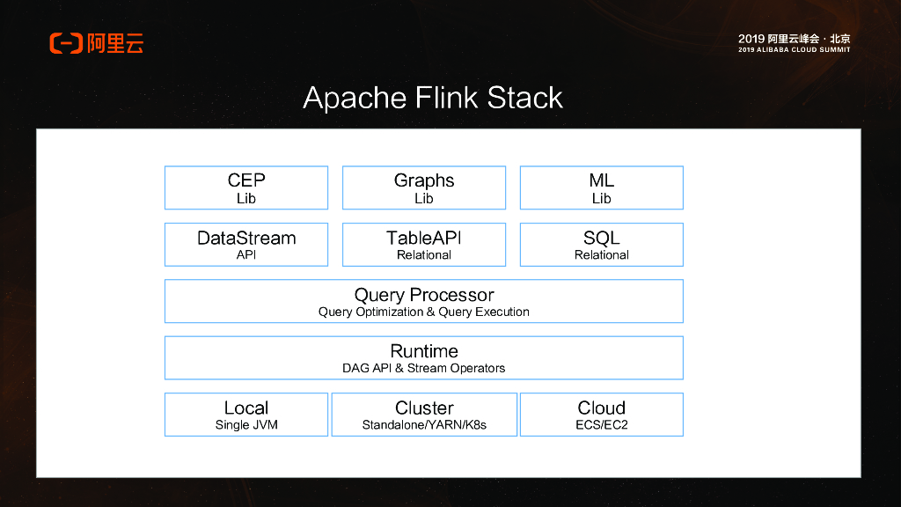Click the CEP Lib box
click(246, 187)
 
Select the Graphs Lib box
click(424, 187)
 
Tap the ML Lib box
click(602, 187)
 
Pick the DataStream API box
click(246, 244)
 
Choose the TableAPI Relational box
click(424, 244)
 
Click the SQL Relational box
click(602, 244)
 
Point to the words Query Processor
click(424, 295)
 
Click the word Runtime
click(424, 351)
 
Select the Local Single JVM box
click(246, 415)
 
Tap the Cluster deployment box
click(424, 415)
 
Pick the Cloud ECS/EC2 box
click(602, 415)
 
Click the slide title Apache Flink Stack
click(433, 97)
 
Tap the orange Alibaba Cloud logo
click(97, 42)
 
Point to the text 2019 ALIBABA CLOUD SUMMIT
click(795, 50)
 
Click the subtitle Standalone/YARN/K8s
click(424, 425)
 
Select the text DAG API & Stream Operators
click(424, 368)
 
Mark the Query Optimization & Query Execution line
click(424, 312)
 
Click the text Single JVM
click(245, 425)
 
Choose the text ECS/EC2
click(602, 425)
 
